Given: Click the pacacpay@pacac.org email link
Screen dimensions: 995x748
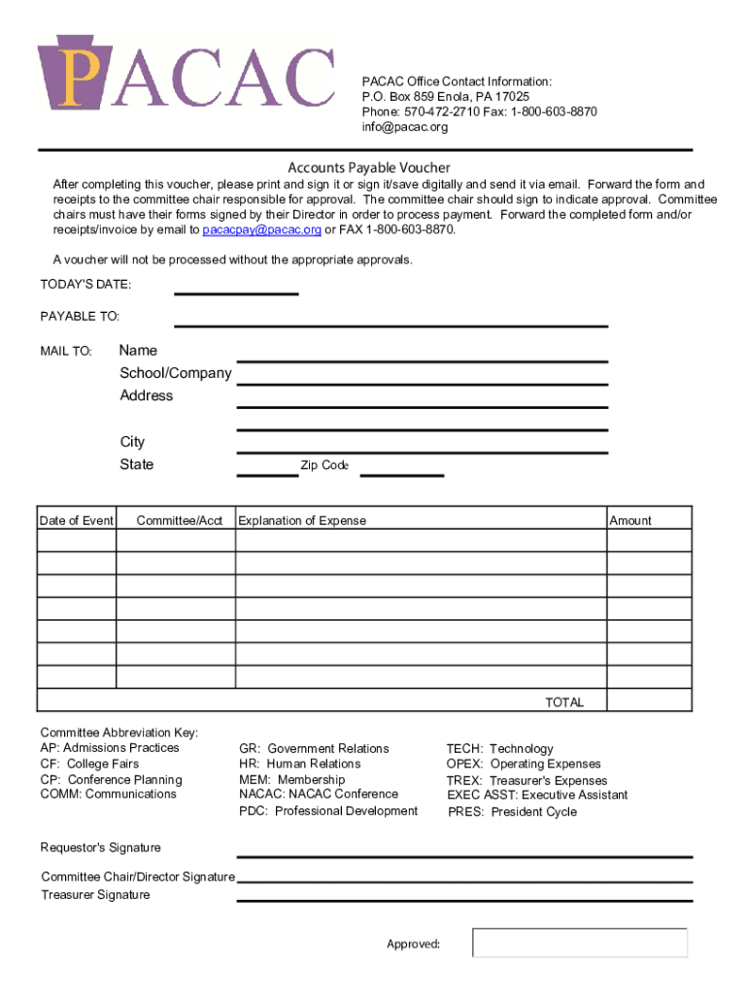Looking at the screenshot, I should coord(261,230).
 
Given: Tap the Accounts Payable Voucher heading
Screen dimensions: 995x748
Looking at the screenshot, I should coord(368,167).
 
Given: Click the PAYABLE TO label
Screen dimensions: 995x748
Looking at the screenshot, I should coord(80,317).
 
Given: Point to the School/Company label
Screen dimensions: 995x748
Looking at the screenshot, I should coord(176,373).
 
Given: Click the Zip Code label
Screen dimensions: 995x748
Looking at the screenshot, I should coord(323,465).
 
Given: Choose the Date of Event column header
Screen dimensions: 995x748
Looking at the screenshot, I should coord(77,521).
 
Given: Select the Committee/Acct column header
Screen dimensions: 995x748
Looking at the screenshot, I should coord(180,521).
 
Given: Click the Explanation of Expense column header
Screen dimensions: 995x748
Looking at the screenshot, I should coord(303,521).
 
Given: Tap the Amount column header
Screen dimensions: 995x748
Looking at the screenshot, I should coord(630,521).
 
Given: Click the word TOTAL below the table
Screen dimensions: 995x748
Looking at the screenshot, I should coord(564,703).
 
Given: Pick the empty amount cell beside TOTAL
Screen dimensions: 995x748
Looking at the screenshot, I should coord(649,702).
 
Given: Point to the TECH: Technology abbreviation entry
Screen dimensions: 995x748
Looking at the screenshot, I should coord(499,749).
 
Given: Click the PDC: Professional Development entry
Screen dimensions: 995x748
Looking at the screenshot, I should coord(328,811).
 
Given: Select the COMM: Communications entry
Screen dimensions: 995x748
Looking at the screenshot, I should coord(108,795).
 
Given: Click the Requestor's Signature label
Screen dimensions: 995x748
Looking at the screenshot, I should coord(101,848).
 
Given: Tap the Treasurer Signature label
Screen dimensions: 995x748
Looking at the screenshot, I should coord(95,895).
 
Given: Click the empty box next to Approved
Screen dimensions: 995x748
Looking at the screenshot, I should coord(580,943).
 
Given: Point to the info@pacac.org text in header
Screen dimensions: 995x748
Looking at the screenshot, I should coord(405,127).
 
